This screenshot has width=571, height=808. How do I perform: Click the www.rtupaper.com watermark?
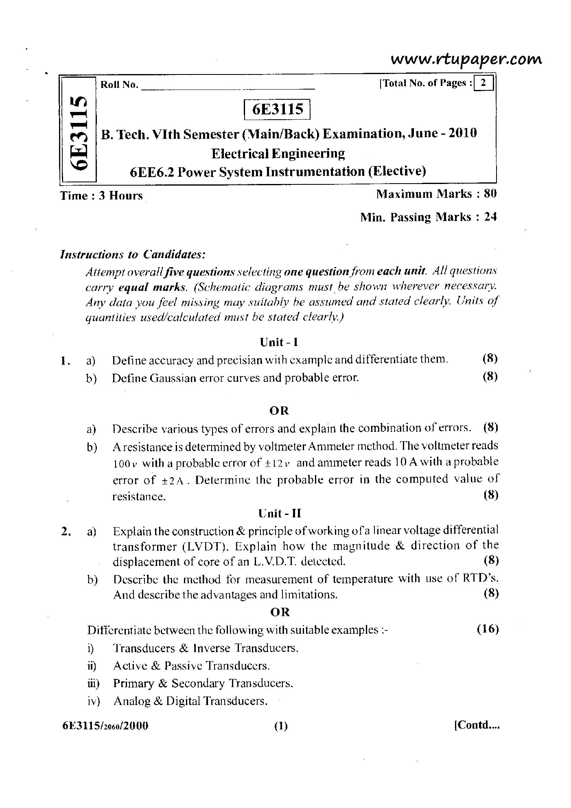(x=466, y=60)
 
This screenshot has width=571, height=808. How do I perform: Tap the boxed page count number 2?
(x=483, y=83)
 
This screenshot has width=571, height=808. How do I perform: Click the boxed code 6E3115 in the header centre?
(x=278, y=109)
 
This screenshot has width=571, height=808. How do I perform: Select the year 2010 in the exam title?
(x=462, y=133)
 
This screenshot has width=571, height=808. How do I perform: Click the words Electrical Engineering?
(x=278, y=153)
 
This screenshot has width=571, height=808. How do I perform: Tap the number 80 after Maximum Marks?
(x=490, y=194)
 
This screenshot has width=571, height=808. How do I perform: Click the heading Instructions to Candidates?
(x=133, y=255)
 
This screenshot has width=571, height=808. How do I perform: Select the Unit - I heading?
(x=279, y=342)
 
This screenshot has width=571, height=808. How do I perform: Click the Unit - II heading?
(x=280, y=513)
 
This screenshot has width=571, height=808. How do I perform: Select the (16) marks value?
(x=487, y=629)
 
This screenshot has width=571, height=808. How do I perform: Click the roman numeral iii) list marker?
(x=93, y=683)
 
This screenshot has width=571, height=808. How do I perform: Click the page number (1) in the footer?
(x=281, y=726)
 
